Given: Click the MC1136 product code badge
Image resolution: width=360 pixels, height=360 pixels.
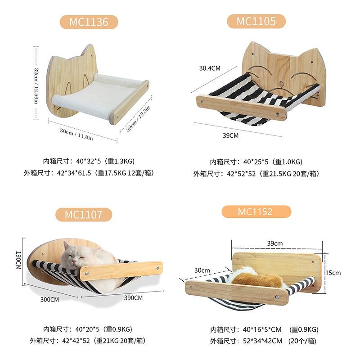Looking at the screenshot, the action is [89, 22].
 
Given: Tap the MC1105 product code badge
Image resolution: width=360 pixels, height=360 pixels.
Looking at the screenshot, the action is [256, 21].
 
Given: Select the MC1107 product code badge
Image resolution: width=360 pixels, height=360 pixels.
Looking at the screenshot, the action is [83, 214].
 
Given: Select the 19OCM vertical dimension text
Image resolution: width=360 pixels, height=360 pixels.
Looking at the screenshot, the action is [18, 260].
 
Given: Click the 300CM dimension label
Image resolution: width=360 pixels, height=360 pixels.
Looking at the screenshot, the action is [49, 299].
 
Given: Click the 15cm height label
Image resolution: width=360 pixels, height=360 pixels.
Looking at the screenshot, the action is [333, 273].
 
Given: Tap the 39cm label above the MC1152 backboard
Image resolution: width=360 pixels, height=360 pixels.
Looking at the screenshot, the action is [275, 243].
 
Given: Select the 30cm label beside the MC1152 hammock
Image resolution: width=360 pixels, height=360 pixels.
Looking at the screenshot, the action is [202, 270].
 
